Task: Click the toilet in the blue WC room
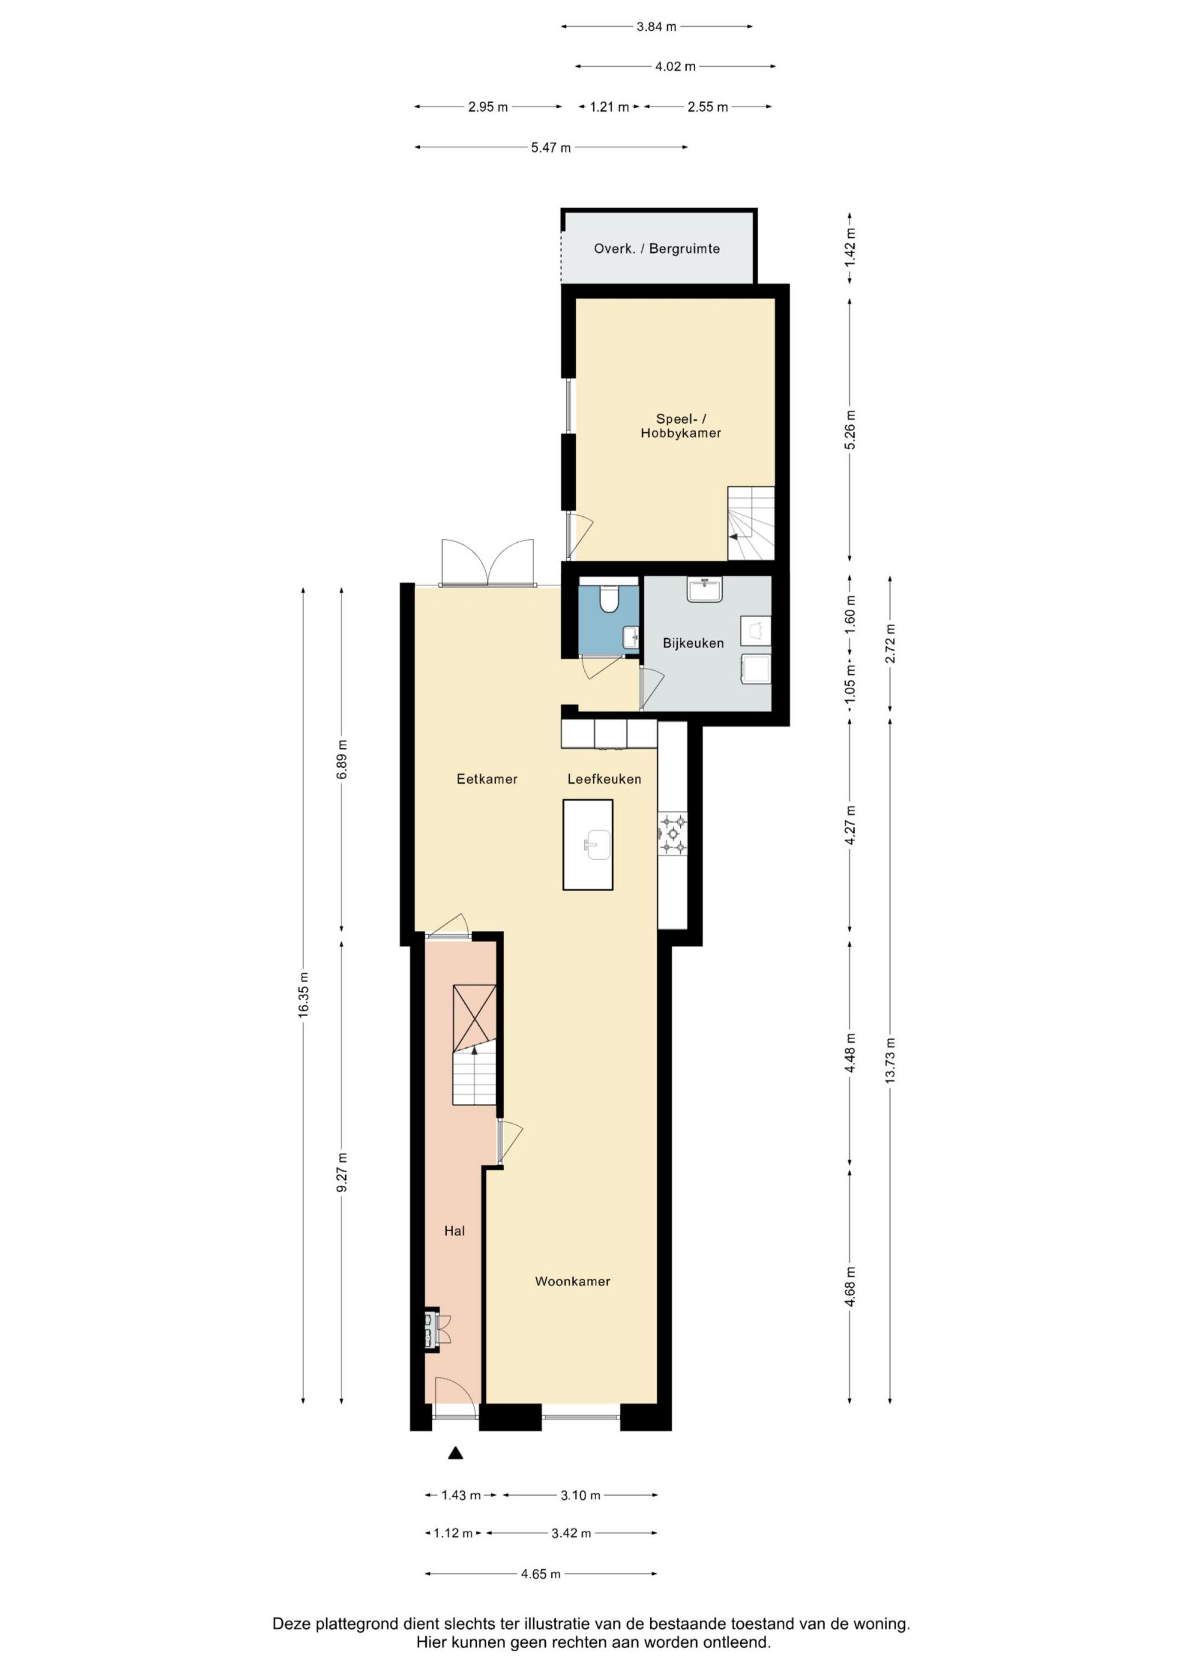[608, 598]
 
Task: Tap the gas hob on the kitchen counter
[673, 834]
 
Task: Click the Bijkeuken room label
[693, 643]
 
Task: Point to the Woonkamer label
[572, 1281]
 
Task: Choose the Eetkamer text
[487, 779]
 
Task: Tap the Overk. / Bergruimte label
[657, 248]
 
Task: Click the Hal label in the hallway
[455, 1231]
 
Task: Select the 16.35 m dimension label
[304, 995]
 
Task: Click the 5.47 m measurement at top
[551, 148]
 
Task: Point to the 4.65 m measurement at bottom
[541, 1574]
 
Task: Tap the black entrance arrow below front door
[455, 1454]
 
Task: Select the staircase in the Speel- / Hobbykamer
[751, 523]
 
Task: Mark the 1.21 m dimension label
[609, 107]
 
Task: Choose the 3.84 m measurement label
[656, 27]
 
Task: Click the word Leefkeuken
[605, 779]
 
